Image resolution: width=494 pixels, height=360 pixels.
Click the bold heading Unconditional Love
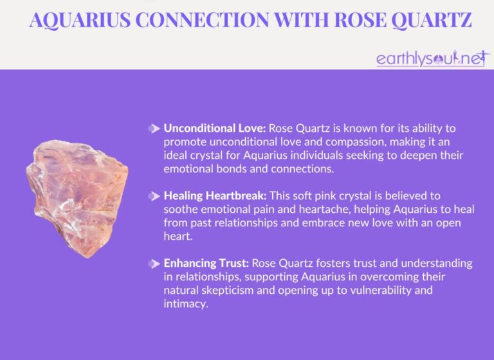click(x=209, y=129)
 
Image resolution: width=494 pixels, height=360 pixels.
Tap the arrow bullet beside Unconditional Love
click(x=154, y=129)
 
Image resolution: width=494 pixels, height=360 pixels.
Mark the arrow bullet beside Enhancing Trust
click(x=154, y=264)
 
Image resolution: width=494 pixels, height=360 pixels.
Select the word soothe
click(x=181, y=208)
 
